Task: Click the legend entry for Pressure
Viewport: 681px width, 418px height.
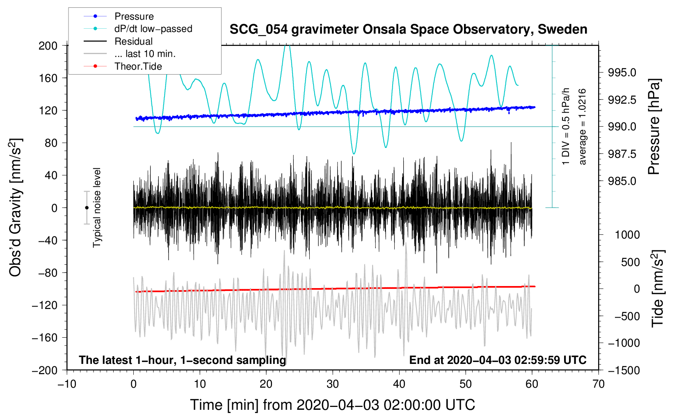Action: click(134, 16)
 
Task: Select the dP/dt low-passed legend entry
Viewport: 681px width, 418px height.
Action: click(153, 29)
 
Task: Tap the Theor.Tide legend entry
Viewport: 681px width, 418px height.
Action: click(138, 66)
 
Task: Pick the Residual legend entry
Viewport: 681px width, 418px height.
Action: click(133, 41)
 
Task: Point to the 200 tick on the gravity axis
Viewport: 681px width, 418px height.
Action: click(48, 45)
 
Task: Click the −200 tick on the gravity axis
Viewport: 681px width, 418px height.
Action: click(45, 370)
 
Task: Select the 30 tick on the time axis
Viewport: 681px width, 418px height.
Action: click(333, 384)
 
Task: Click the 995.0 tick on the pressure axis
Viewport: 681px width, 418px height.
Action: click(622, 73)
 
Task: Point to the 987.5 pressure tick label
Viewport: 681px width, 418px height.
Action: click(622, 154)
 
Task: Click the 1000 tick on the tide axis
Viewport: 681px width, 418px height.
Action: click(627, 235)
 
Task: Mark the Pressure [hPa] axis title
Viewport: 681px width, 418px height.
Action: click(654, 127)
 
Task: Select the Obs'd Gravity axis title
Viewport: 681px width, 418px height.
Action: click(15, 208)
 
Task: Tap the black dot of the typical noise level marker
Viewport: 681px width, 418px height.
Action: click(87, 208)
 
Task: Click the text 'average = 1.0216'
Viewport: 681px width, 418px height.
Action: click(583, 127)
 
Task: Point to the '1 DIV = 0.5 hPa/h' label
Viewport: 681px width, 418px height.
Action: click(566, 126)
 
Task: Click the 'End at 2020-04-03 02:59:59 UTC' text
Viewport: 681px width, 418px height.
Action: click(498, 360)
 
